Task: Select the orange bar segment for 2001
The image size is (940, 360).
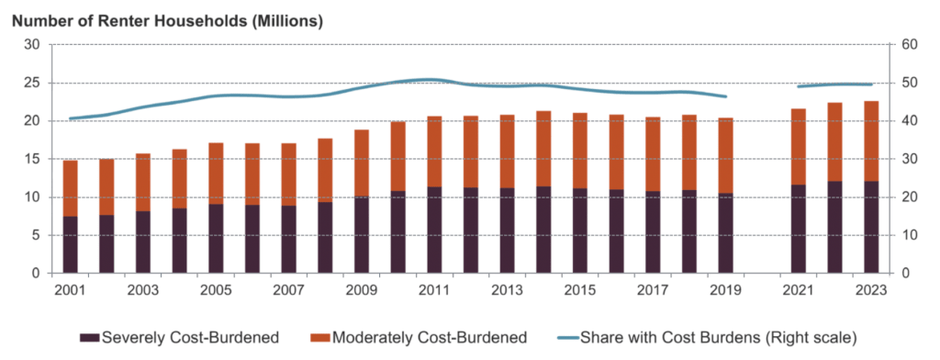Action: point(71,187)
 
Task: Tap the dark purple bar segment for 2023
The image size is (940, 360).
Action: point(865,227)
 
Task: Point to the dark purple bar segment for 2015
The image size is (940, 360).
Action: point(579,231)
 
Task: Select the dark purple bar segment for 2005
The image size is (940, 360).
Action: point(216,238)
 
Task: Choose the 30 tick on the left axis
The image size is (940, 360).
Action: point(31,44)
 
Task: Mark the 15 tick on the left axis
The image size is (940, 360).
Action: point(31,159)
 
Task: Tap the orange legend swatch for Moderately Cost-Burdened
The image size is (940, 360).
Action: point(320,338)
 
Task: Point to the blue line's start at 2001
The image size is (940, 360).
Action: point(69,118)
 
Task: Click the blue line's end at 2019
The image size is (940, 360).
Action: point(725,96)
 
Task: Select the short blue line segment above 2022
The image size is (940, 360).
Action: point(834,85)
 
